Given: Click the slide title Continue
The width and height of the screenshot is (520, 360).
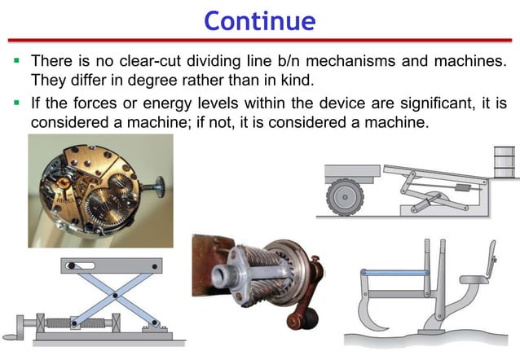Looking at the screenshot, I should tap(260, 19).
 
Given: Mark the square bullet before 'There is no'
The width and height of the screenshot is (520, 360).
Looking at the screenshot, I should tap(15, 62).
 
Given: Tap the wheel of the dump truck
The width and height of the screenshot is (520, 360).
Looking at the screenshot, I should tap(344, 197).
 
